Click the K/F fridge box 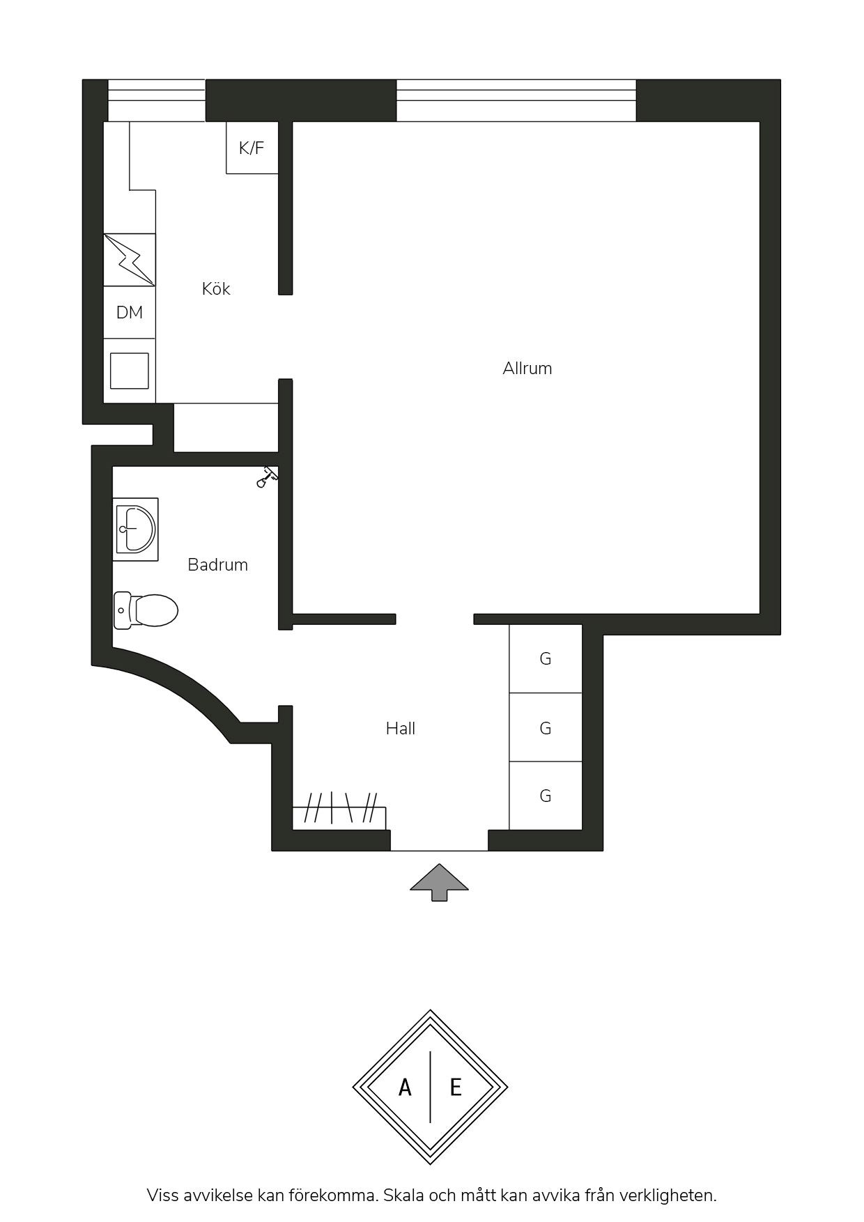(x=252, y=148)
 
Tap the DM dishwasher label (x=130, y=313)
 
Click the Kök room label (x=216, y=288)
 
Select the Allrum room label (x=527, y=368)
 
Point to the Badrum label (x=218, y=564)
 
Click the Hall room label (x=401, y=728)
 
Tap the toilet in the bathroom (x=146, y=610)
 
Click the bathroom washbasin (x=136, y=529)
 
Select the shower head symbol (x=267, y=477)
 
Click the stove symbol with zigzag (x=130, y=260)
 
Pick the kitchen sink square (x=130, y=371)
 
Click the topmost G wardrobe (x=546, y=658)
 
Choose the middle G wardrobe (x=546, y=727)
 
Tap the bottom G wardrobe (x=546, y=796)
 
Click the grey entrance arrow (x=439, y=882)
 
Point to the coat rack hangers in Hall (x=339, y=810)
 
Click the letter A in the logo (x=405, y=1087)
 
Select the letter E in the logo (x=456, y=1087)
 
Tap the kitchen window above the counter (x=157, y=100)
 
